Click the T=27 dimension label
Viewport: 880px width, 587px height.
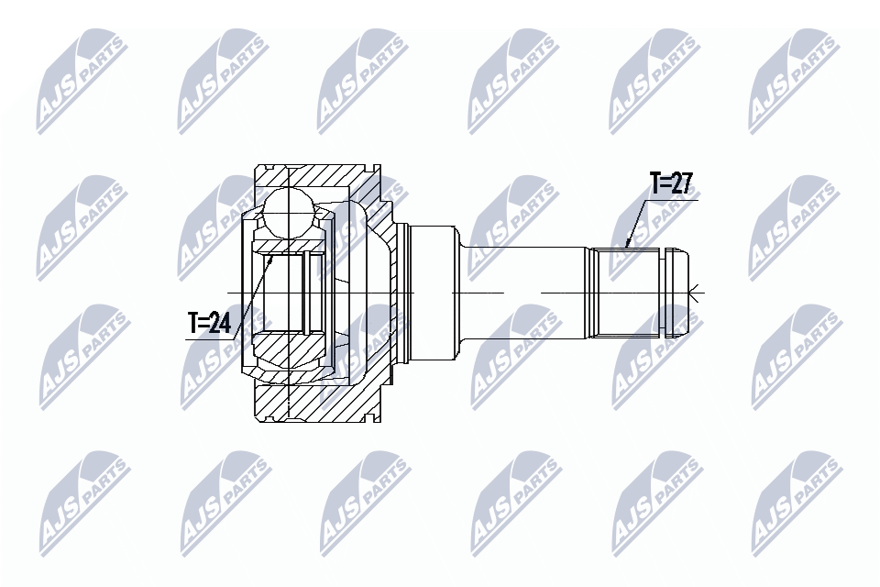pos(670,184)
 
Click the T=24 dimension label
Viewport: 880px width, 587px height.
pos(209,323)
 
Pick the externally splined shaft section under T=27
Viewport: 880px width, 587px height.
pos(625,292)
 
